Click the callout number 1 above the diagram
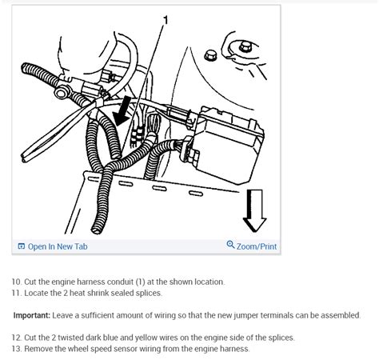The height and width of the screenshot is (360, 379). pos(166,20)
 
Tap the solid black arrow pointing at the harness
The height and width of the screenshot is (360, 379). pos(122,110)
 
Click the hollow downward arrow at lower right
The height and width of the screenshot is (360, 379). pos(254,210)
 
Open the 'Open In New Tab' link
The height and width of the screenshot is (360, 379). pos(58,246)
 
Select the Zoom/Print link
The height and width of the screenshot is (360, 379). pos(257,246)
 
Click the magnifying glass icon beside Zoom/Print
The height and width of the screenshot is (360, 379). pos(230,245)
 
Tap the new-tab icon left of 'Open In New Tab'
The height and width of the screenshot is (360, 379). pos(21,246)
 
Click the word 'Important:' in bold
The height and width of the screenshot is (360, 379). pos(32,315)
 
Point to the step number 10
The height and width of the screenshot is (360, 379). pos(16,282)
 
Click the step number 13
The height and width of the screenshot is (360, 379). pos(16,349)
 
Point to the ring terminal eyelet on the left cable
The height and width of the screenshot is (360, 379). pos(61,92)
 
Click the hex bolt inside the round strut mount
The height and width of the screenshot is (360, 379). pos(245,47)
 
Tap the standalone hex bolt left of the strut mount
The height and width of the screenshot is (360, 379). pos(210,56)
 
